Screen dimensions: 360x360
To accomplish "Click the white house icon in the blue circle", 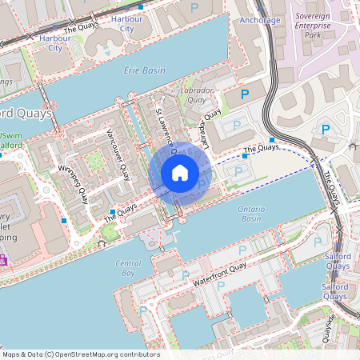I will pyautogui.click(x=180, y=173).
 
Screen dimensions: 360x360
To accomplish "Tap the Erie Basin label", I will pyautogui.click(x=145, y=70).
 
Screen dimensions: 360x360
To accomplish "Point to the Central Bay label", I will pyautogui.click(x=128, y=268).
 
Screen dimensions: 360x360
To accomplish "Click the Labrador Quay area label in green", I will pyautogui.click(x=199, y=95).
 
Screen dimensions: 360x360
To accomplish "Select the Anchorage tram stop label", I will pyautogui.click(x=260, y=20).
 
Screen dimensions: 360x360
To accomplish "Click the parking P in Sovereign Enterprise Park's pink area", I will pyautogui.click(x=325, y=129).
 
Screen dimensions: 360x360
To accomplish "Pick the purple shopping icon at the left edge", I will pyautogui.click(x=2, y=261).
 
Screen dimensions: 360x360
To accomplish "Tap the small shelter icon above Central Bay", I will pyautogui.click(x=102, y=242).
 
